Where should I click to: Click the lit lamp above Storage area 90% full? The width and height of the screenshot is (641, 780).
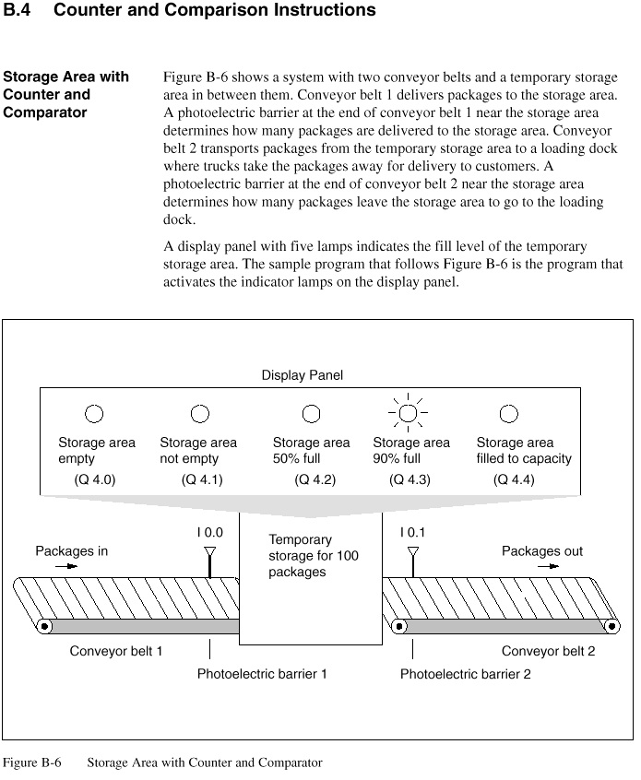pyautogui.click(x=408, y=412)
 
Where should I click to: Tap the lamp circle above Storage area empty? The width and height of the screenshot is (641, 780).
pyautogui.click(x=94, y=414)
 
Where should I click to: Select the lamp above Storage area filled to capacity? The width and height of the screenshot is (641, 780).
pyautogui.click(x=508, y=413)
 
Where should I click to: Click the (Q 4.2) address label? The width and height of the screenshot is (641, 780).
pyautogui.click(x=315, y=479)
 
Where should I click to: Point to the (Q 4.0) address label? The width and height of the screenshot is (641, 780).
pyautogui.click(x=95, y=479)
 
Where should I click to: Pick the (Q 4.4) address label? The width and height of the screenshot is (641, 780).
pyautogui.click(x=514, y=479)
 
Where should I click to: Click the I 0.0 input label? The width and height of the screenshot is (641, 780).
pyautogui.click(x=209, y=532)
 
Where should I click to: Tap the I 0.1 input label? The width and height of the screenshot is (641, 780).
pyautogui.click(x=412, y=532)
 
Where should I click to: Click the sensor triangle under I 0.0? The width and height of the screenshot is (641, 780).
pyautogui.click(x=209, y=552)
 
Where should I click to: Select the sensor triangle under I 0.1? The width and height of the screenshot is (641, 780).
pyautogui.click(x=412, y=552)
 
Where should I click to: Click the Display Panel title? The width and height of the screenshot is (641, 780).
pyautogui.click(x=303, y=375)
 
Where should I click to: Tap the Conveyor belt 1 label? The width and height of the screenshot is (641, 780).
pyautogui.click(x=116, y=651)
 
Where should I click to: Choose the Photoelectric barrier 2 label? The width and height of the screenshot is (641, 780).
pyautogui.click(x=465, y=674)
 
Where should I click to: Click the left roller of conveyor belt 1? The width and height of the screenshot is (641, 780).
pyautogui.click(x=44, y=627)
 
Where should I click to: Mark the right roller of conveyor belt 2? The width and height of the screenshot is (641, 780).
pyautogui.click(x=610, y=627)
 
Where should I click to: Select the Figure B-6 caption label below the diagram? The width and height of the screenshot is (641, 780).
pyautogui.click(x=31, y=762)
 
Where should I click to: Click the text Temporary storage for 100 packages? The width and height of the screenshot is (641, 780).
pyautogui.click(x=313, y=556)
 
